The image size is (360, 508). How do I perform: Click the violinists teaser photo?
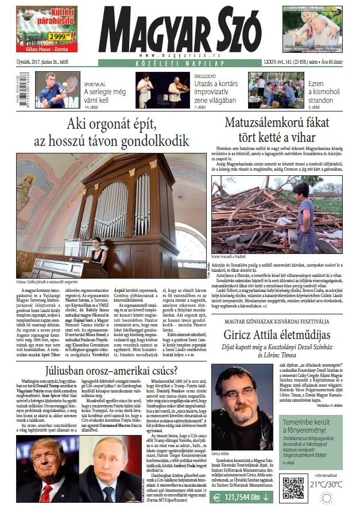[154, 90]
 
